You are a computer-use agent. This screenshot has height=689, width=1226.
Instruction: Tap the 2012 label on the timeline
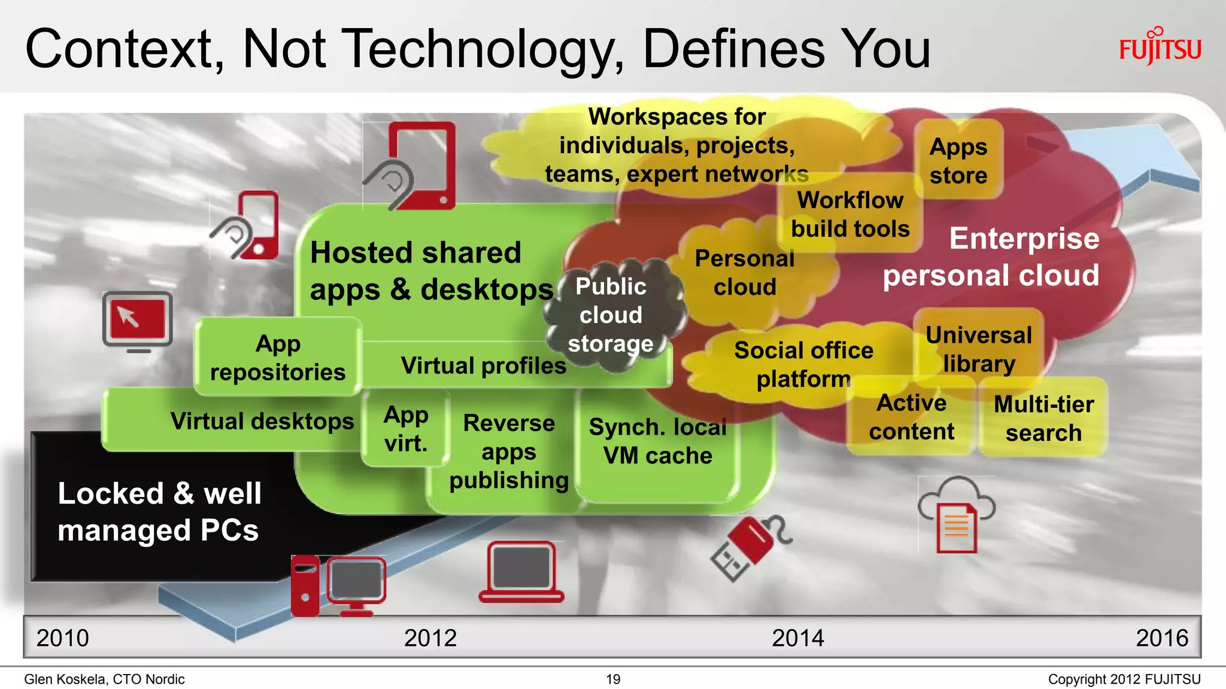[x=430, y=638]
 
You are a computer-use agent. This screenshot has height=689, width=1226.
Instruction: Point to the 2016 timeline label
[x=1161, y=638]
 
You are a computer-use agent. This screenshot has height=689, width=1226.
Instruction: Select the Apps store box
[x=958, y=160]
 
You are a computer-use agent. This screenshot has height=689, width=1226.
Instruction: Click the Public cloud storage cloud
[x=611, y=315]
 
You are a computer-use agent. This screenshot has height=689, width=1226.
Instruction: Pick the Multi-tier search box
[x=1043, y=418]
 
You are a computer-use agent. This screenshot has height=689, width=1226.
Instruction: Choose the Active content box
[x=911, y=417]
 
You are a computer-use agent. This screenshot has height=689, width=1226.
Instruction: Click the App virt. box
[x=406, y=428]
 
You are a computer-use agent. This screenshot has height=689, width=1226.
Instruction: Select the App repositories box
[x=278, y=358]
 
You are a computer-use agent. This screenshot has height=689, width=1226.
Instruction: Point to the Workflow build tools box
[x=850, y=214]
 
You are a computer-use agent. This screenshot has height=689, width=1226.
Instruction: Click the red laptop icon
[x=521, y=572]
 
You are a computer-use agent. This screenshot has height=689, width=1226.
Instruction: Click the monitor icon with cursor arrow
[x=138, y=320]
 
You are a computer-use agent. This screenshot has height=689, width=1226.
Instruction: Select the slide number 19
[x=613, y=679]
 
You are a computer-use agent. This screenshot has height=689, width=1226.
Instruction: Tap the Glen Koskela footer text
[x=104, y=679]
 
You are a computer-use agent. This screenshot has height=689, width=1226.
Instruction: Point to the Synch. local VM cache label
[x=657, y=441]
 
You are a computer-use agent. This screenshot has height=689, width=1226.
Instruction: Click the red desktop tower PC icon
[x=305, y=586]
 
